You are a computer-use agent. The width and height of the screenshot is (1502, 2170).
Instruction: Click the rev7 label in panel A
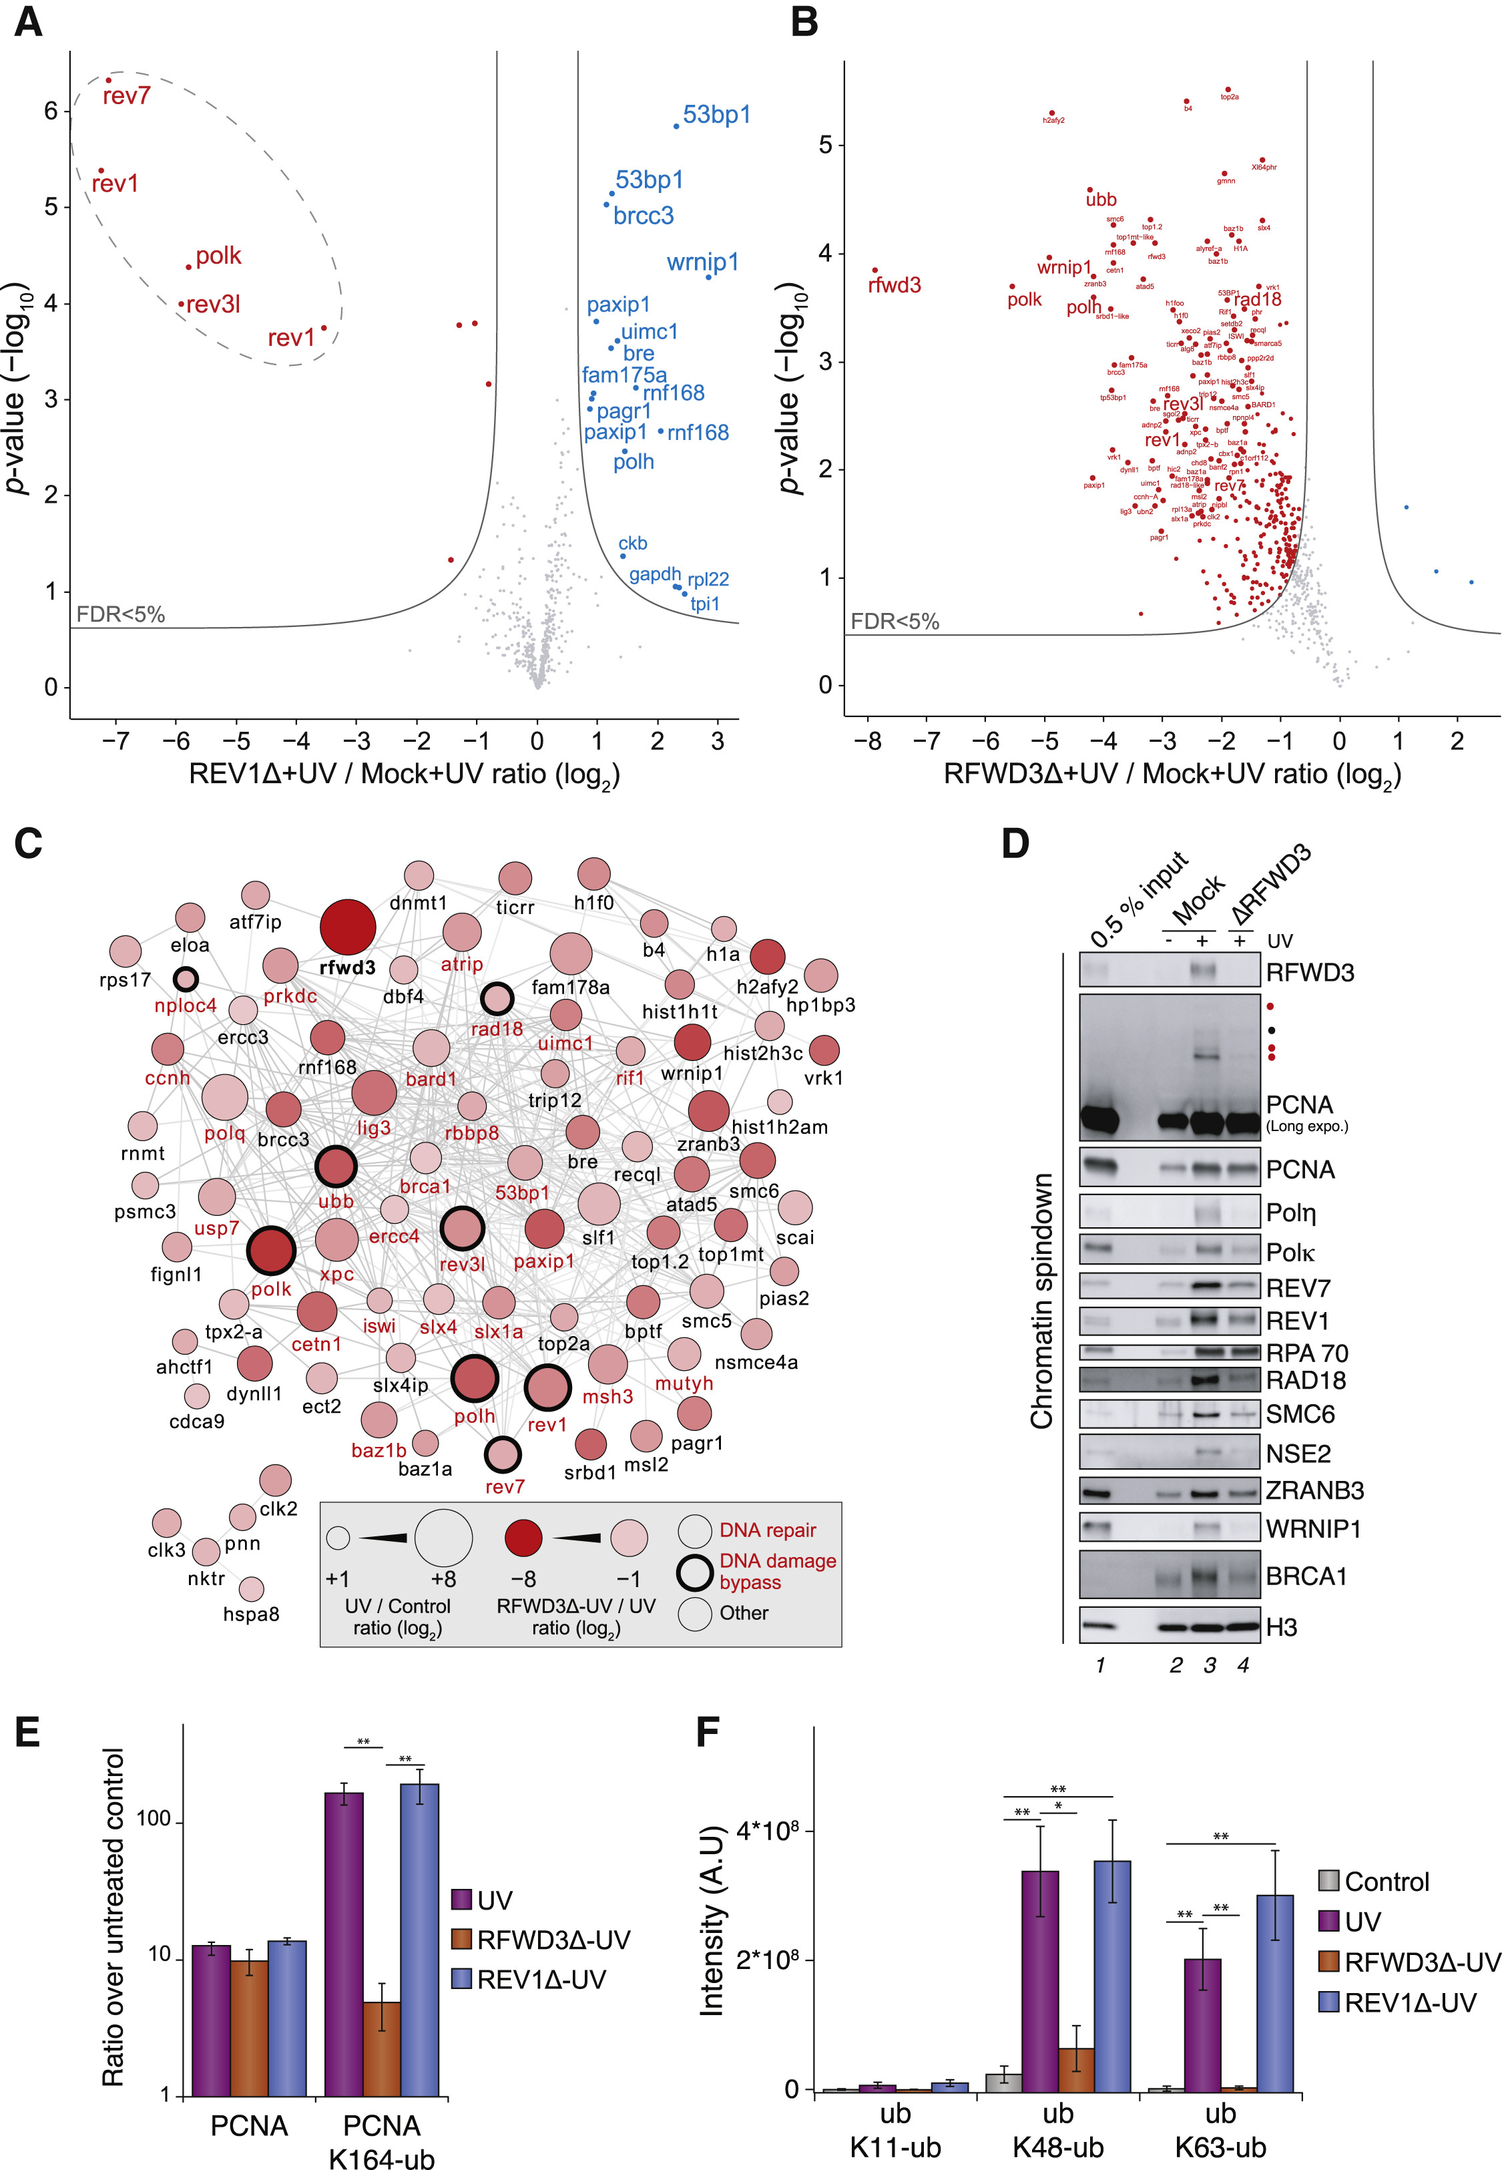(126, 96)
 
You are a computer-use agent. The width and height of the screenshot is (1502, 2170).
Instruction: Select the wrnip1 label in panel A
(702, 262)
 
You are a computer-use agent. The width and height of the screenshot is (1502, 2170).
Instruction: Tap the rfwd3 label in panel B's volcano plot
(894, 285)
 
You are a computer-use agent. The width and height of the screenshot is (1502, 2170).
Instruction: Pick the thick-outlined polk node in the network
(271, 1251)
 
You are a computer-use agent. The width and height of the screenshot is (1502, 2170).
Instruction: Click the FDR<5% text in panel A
(120, 614)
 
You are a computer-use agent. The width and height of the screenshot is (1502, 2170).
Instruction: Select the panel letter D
(1015, 843)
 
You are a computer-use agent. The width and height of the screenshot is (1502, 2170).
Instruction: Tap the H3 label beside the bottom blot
(1281, 1627)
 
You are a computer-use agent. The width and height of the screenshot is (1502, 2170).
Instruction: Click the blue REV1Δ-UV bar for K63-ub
(1275, 1992)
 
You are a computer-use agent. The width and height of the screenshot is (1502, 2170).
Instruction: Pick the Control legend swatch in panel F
(1328, 1881)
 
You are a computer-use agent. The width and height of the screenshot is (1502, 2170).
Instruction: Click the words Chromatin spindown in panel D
(1041, 1301)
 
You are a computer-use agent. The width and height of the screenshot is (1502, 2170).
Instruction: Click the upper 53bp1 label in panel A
(716, 115)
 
